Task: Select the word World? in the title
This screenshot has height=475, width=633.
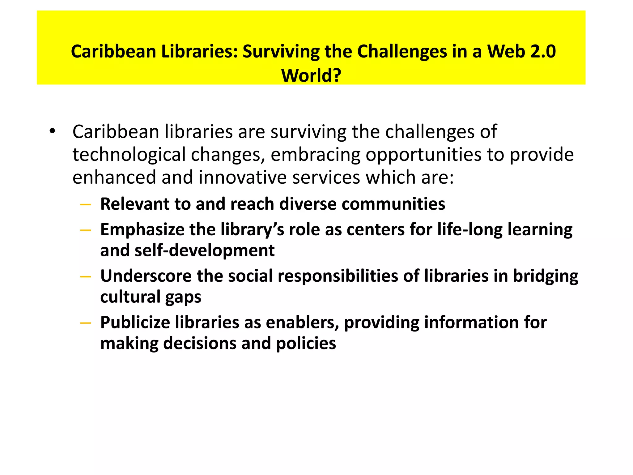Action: pyautogui.click(x=311, y=75)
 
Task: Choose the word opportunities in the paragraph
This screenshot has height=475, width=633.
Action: pyautogui.click(x=423, y=155)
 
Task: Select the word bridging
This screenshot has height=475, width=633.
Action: pyautogui.click(x=546, y=276)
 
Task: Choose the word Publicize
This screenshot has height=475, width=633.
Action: pyautogui.click(x=135, y=323)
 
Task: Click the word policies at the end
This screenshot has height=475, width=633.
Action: pyautogui.click(x=306, y=344)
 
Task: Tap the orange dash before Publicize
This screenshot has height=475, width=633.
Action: pyautogui.click(x=85, y=323)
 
